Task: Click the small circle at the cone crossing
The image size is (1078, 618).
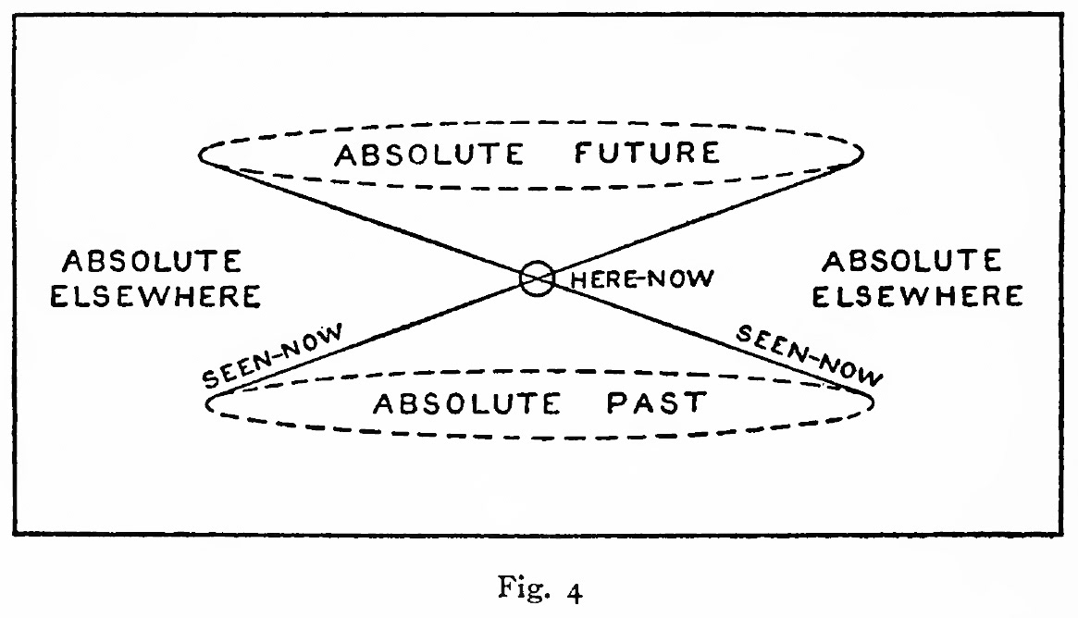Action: coord(537,278)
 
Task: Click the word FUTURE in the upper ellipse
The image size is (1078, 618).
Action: coord(646,153)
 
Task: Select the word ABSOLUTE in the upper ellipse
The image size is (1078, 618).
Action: coord(428,154)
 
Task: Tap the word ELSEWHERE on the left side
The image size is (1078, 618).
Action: coord(155,297)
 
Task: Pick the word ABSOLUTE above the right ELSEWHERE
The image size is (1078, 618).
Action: coord(911,262)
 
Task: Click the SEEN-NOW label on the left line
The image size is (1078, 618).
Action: coord(272,356)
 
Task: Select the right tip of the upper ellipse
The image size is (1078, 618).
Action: coord(862,151)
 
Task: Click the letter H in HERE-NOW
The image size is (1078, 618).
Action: coord(575,278)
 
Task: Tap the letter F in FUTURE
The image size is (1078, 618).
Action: coord(583,153)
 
